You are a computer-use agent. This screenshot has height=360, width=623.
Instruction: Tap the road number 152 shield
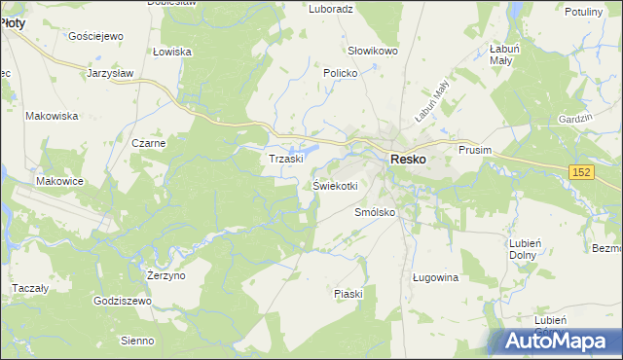click(582, 172)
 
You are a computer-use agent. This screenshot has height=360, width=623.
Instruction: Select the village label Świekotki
click(336, 185)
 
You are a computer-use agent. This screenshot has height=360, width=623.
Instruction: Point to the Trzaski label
click(287, 158)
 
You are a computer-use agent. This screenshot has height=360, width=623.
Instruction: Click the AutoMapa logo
click(558, 342)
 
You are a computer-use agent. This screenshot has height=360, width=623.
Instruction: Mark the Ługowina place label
click(435, 277)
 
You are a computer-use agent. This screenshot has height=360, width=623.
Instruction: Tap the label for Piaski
click(348, 293)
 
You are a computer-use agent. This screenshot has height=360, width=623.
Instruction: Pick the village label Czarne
click(150, 143)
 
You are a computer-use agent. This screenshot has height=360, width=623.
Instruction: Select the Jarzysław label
click(110, 73)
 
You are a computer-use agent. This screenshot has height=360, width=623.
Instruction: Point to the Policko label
click(342, 73)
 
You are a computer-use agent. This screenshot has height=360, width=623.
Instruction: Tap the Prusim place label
click(476, 150)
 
